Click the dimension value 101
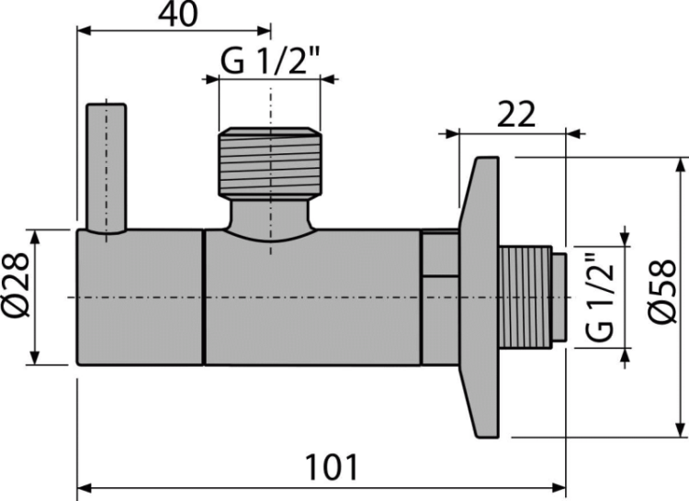tap(332, 468)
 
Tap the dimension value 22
tap(516, 115)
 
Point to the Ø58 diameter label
tap(662, 292)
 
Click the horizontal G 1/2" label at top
tap(270, 61)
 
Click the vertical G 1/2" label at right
tap(599, 297)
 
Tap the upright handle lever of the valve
tap(107, 169)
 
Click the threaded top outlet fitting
tap(270, 161)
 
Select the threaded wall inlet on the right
tap(525, 297)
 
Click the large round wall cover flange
tap(479, 297)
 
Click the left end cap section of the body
tap(141, 297)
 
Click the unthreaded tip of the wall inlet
tap(559, 297)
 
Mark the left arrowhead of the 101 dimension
tap(84, 488)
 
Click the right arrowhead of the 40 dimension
tap(264, 30)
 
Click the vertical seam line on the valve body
tap(204, 297)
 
